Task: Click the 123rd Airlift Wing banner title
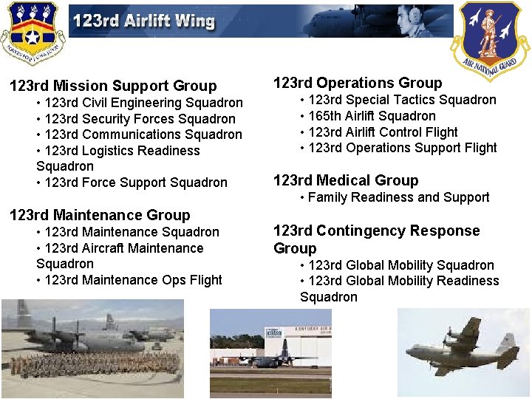(x=143, y=21)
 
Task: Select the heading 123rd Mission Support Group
(x=113, y=86)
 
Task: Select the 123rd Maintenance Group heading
(x=99, y=215)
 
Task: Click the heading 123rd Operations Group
(x=358, y=83)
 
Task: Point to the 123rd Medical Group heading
(x=346, y=180)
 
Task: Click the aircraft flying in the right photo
(x=462, y=347)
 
